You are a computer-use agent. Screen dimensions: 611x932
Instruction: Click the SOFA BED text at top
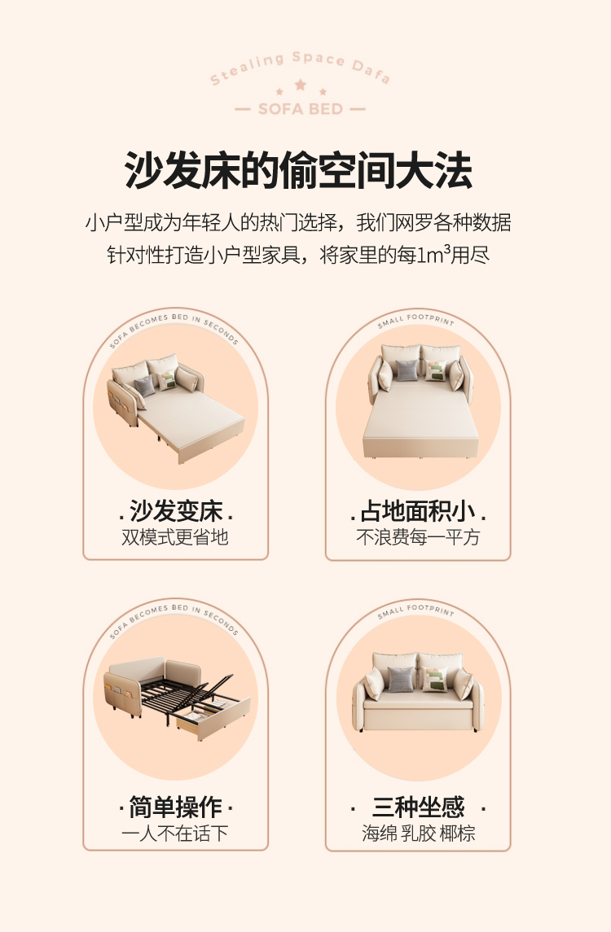[x=301, y=109]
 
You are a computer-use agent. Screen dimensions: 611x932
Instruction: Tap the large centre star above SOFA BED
[x=301, y=85]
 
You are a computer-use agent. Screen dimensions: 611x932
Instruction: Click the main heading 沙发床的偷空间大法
[x=298, y=171]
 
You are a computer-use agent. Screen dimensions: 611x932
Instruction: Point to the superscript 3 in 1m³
[x=447, y=248]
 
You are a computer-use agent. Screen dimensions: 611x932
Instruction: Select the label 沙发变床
[x=175, y=510]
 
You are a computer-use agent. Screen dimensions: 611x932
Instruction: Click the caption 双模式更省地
[x=175, y=536]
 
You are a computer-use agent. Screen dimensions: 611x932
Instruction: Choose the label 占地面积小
[x=418, y=510]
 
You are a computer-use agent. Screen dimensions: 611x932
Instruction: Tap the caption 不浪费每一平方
[x=418, y=536]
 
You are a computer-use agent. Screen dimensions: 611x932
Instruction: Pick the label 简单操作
[x=175, y=807]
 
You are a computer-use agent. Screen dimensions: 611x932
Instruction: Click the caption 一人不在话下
[x=175, y=833]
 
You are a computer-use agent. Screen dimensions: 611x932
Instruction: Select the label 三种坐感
[x=418, y=807]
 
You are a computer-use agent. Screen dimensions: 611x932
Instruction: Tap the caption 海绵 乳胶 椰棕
[x=418, y=833]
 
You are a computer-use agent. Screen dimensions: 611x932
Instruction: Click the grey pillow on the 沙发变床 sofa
[x=144, y=386]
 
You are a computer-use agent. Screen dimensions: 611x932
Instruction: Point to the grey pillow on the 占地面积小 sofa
[x=407, y=370]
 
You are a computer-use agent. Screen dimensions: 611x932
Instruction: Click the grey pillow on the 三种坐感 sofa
[x=400, y=679]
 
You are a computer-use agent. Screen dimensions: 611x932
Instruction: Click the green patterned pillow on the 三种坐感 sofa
[x=435, y=680]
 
